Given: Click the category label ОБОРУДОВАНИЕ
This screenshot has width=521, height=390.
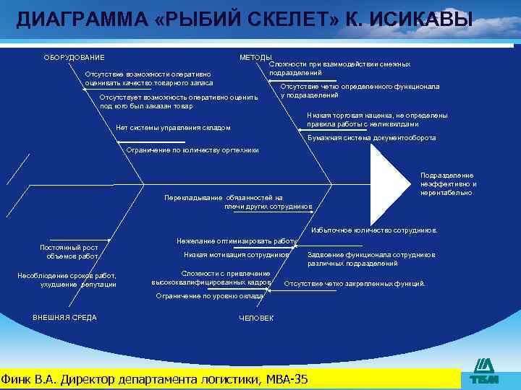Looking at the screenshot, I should click(x=75, y=58).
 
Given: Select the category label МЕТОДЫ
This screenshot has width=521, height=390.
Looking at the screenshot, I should click(x=255, y=58).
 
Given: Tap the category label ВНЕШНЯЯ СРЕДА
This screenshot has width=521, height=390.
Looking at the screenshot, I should click(x=64, y=318).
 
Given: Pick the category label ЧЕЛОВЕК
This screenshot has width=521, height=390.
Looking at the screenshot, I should click(x=256, y=318).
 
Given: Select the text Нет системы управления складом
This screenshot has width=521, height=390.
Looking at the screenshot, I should click(x=173, y=128).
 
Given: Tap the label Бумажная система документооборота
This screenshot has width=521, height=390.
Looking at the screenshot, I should click(x=371, y=137).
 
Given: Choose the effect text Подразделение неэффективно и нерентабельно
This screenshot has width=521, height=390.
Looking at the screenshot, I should click(x=448, y=184).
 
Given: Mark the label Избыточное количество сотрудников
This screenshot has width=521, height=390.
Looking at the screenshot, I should click(x=374, y=230).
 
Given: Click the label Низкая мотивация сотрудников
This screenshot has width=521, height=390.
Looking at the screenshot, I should click(x=236, y=255).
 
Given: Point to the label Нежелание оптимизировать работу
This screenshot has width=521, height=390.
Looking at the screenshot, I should click(x=237, y=240).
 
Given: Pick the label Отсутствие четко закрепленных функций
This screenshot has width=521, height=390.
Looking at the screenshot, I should click(x=355, y=284).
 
